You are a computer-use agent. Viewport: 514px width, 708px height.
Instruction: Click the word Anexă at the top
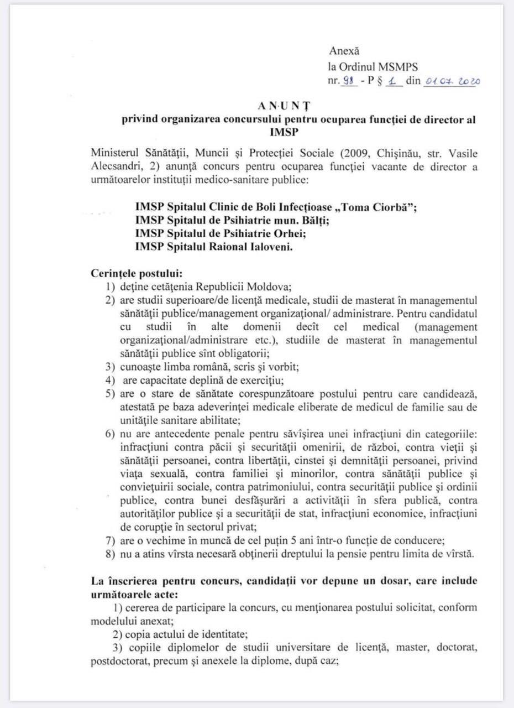point(344,51)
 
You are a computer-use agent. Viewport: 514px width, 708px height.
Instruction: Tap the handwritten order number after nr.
point(348,81)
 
